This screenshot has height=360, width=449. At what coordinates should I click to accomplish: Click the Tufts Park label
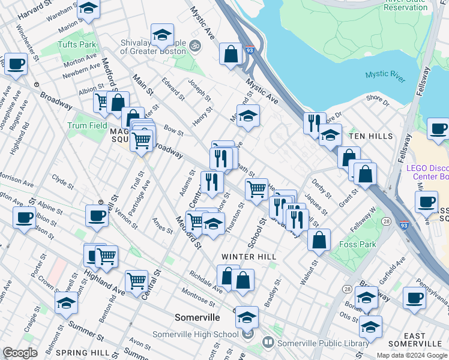tap(77, 44)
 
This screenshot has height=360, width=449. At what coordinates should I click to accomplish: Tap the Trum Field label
tap(87, 125)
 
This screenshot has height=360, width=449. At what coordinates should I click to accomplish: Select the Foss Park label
tap(357, 244)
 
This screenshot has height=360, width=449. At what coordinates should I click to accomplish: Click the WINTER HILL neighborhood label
tap(249, 256)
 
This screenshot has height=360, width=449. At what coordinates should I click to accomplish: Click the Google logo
tap(20, 353)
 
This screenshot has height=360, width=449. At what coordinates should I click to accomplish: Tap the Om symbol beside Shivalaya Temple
tap(194, 45)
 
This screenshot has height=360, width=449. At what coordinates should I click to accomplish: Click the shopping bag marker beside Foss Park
tap(319, 239)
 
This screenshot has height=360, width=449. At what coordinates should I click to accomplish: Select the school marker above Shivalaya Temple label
tap(162, 36)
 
